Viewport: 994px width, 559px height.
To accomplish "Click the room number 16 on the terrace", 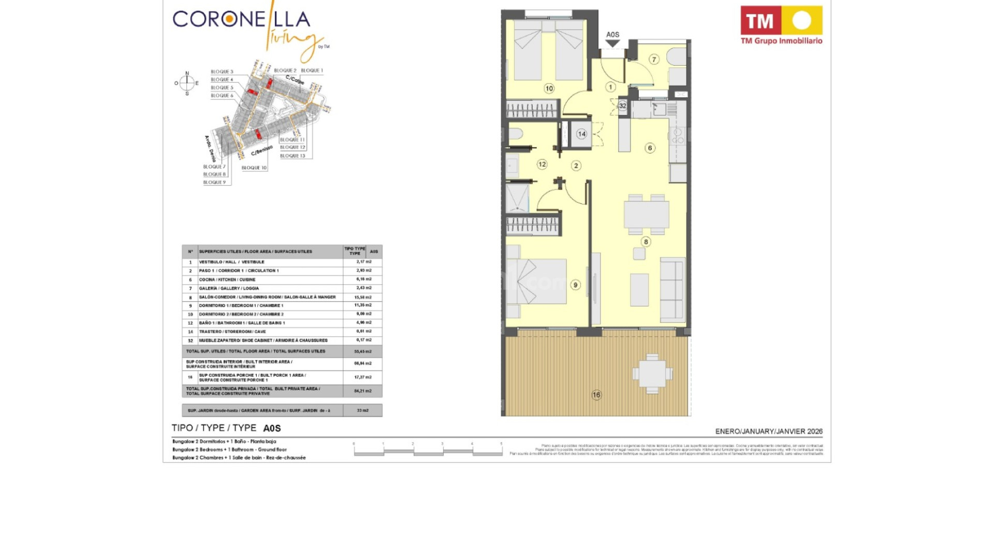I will pyautogui.click(x=596, y=395).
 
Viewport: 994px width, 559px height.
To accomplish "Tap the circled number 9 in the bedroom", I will pyautogui.click(x=575, y=285).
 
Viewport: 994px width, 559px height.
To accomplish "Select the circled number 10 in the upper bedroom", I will pyautogui.click(x=549, y=89).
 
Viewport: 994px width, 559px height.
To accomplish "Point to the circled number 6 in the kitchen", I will pyautogui.click(x=650, y=148).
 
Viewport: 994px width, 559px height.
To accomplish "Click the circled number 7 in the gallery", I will pyautogui.click(x=654, y=60).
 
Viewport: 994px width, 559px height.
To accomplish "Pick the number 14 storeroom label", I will pyautogui.click(x=581, y=134).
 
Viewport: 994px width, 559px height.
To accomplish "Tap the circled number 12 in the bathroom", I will pyautogui.click(x=542, y=164).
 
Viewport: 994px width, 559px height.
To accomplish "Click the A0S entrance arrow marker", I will pyautogui.click(x=612, y=43).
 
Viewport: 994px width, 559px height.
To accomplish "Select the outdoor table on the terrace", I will pyautogui.click(x=652, y=373).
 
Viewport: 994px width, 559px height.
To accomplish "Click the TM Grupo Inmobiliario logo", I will pyautogui.click(x=781, y=25).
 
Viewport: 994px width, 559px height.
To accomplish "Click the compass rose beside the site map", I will pyautogui.click(x=187, y=83).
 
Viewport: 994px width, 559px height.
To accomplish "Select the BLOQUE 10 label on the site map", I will pyautogui.click(x=254, y=168).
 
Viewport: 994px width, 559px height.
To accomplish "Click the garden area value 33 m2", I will pyautogui.click(x=362, y=410).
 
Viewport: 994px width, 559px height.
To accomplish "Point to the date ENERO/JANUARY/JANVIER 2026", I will pyautogui.click(x=768, y=431).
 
